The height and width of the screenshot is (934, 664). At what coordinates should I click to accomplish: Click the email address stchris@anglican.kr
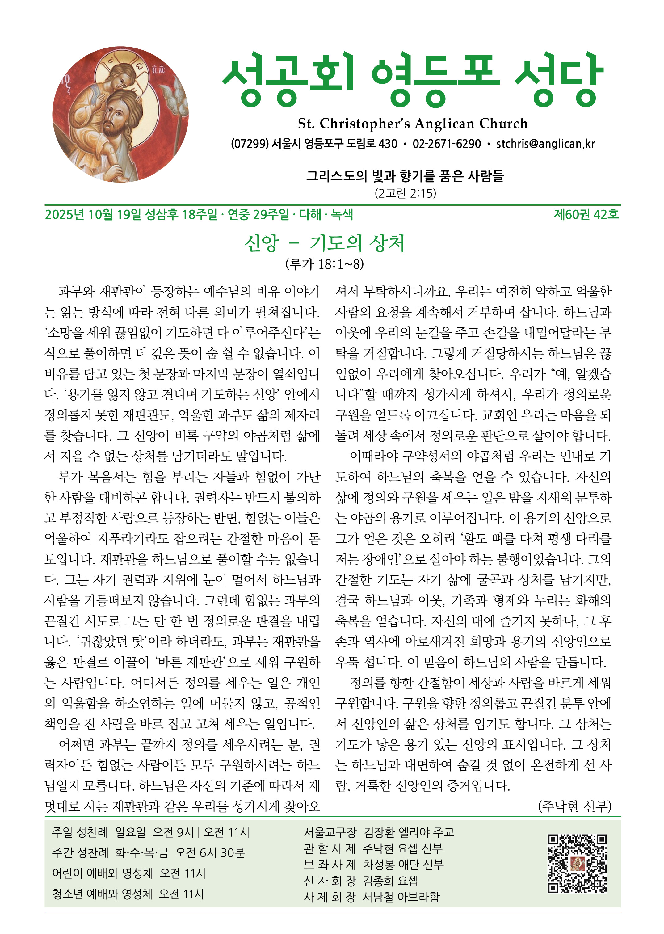(545, 144)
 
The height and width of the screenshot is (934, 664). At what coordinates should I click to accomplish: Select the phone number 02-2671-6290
(447, 144)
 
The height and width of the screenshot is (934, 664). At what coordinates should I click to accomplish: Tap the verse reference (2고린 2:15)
(405, 193)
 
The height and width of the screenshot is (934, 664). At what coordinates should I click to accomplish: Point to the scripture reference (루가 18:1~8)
(324, 264)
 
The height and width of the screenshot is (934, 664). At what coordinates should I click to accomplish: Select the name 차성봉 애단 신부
(403, 865)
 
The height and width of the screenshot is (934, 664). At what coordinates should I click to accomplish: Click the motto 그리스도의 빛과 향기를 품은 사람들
(405, 176)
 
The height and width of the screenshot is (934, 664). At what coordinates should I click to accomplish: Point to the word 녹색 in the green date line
(342, 214)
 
